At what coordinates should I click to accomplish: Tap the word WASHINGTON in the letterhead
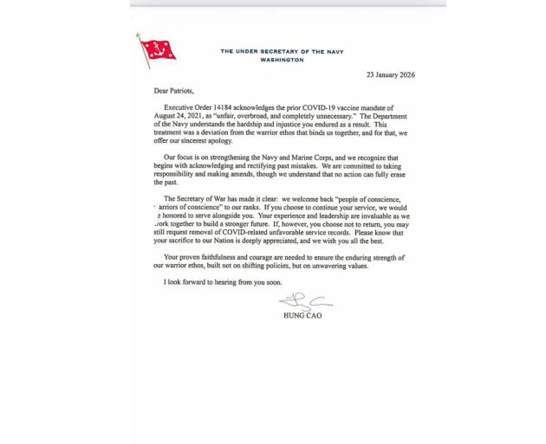pyautogui.click(x=282, y=60)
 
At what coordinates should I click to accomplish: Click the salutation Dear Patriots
pyautogui.click(x=179, y=90)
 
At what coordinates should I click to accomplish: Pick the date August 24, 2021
pyautogui.click(x=186, y=116)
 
